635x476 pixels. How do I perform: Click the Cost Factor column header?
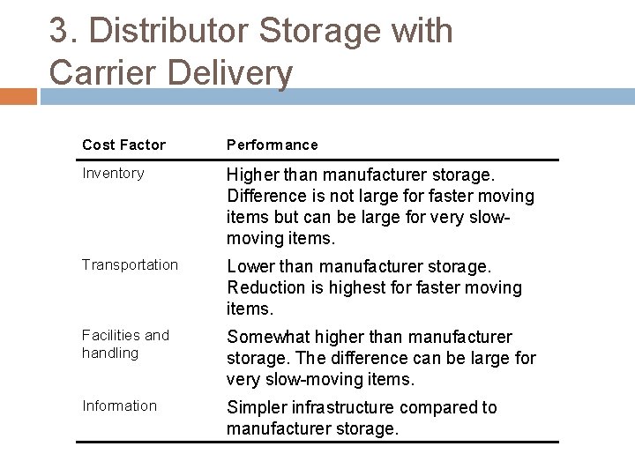click(123, 145)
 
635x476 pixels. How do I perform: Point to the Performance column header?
click(273, 145)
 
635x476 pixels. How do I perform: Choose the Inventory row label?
click(113, 173)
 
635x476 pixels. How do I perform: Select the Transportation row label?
click(130, 264)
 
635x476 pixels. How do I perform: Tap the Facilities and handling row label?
click(124, 344)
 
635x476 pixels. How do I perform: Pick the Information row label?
click(119, 405)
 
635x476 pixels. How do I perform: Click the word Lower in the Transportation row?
click(250, 266)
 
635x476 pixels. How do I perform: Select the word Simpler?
click(256, 408)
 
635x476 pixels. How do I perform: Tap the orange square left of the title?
click(19, 95)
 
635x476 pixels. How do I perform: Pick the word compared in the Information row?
click(441, 408)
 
